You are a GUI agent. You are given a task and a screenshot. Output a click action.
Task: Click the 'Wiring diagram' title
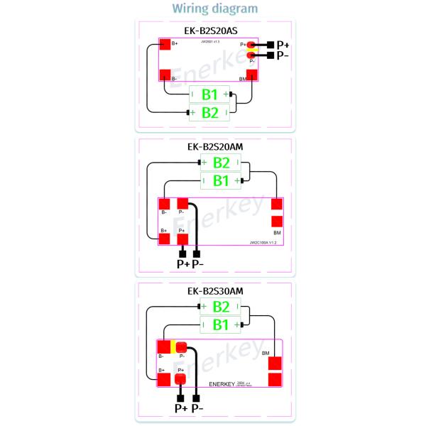(x=212, y=9)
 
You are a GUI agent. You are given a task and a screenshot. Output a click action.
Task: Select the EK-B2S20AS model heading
(x=212, y=31)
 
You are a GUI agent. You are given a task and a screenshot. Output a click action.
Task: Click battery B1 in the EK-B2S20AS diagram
(x=210, y=94)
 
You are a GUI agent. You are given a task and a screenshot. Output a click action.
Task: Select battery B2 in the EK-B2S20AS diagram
(x=210, y=111)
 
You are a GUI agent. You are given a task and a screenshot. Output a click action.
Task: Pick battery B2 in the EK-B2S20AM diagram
(x=222, y=163)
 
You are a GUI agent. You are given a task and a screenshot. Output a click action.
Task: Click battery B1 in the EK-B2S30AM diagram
(x=222, y=324)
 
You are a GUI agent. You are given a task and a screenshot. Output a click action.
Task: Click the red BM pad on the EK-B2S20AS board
(x=251, y=73)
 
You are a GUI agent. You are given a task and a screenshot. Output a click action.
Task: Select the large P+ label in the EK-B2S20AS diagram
(x=283, y=45)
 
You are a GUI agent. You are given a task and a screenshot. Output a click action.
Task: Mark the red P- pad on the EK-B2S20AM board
(x=182, y=204)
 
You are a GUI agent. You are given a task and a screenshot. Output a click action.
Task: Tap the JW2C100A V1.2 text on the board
(x=262, y=243)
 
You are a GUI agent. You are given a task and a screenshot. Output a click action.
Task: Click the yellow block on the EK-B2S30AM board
(x=173, y=347)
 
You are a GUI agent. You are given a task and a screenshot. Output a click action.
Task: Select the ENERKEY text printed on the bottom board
(x=225, y=383)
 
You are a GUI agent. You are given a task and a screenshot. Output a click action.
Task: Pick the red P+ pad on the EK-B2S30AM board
(x=181, y=379)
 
